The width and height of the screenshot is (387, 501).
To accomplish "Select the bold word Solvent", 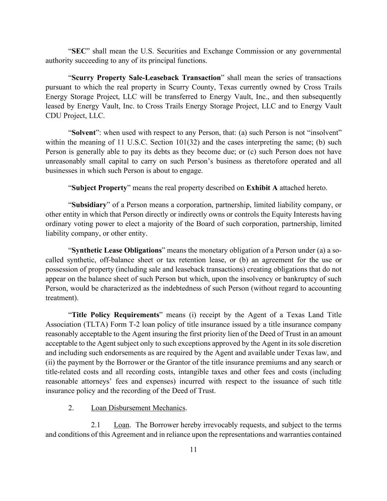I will pos(84,132).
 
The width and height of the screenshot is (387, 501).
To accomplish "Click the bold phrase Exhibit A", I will pos(262,188).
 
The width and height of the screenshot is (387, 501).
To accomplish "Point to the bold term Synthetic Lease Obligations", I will pos(117,251).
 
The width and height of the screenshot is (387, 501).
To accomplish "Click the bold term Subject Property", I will pos(99,188).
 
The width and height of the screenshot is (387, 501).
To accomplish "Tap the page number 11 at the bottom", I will pos(193,450).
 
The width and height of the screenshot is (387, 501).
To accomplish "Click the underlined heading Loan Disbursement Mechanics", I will pos(138,408).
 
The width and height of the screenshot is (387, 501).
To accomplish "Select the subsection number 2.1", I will pos(96,425).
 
